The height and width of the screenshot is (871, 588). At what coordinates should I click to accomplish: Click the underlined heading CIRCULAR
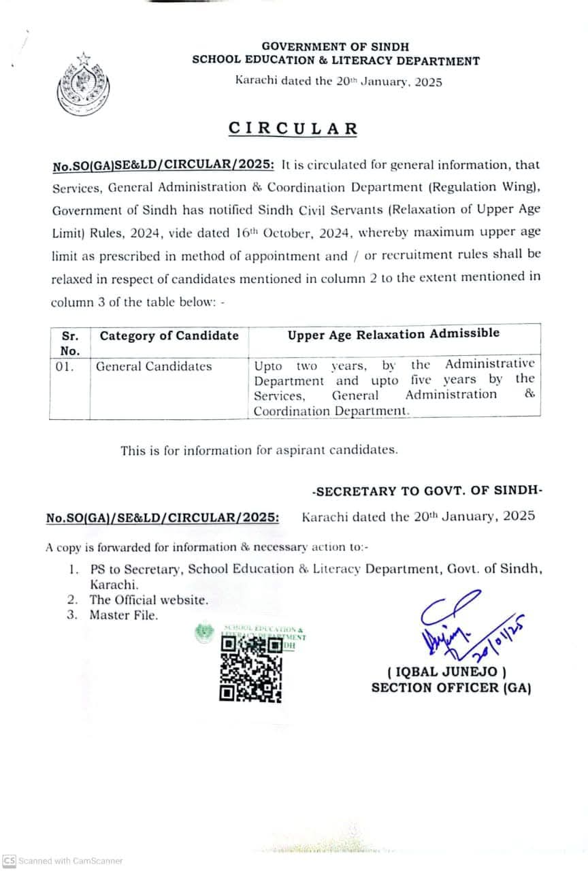coord(293,129)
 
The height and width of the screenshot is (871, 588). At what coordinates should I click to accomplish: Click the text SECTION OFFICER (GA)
coord(451,688)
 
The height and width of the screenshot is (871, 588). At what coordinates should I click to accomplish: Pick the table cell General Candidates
coord(154,367)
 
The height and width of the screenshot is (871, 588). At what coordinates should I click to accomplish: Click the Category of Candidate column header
coord(169,335)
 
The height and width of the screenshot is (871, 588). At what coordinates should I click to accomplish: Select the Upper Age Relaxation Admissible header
coord(393,333)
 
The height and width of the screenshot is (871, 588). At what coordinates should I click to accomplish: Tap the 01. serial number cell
coord(65,367)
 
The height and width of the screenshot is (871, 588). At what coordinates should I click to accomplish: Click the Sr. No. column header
coord(70,343)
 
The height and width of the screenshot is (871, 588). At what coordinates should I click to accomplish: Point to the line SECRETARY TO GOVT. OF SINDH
coord(427,491)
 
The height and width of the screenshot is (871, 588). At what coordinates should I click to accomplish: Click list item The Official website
coord(149,600)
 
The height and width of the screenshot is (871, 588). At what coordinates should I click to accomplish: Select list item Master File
coord(124,615)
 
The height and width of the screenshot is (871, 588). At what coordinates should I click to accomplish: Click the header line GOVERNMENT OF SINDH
coord(336,47)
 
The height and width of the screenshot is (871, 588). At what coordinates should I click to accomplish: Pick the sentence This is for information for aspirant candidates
coord(259,450)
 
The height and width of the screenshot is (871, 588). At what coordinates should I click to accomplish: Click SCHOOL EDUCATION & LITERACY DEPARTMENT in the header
coord(336,61)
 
